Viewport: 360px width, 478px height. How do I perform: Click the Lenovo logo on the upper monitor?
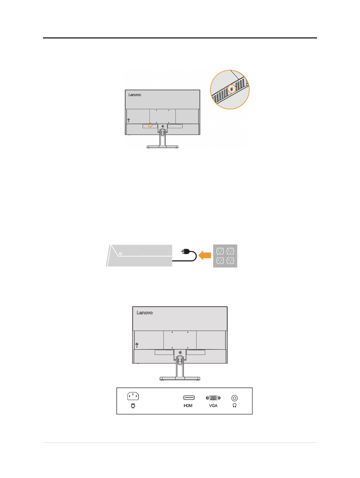point(135,95)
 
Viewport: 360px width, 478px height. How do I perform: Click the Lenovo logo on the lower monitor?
point(145,313)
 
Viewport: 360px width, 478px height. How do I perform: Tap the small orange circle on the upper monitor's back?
point(150,125)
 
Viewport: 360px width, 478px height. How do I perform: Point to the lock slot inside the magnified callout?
point(231,89)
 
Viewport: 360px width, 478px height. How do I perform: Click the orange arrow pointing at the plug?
point(205,255)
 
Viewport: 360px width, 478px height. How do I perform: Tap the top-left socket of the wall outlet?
point(220,251)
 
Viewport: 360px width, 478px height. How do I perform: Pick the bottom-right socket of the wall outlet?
point(230,261)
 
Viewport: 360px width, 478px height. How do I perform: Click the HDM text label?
point(188,406)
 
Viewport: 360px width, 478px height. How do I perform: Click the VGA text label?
point(213,406)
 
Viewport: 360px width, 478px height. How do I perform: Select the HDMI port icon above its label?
point(189,398)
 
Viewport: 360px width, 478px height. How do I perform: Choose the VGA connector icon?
point(213,398)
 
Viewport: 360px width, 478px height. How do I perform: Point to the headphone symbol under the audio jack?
point(234,405)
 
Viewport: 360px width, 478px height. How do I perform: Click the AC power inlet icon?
point(133,396)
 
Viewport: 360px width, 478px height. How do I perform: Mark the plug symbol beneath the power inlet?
point(133,406)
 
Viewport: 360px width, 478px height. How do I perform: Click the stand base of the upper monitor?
point(162,147)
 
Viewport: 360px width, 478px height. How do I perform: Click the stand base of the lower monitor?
point(180,379)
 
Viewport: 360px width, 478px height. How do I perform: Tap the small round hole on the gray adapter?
point(120,254)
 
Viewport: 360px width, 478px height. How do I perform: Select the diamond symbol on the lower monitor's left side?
point(137,344)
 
